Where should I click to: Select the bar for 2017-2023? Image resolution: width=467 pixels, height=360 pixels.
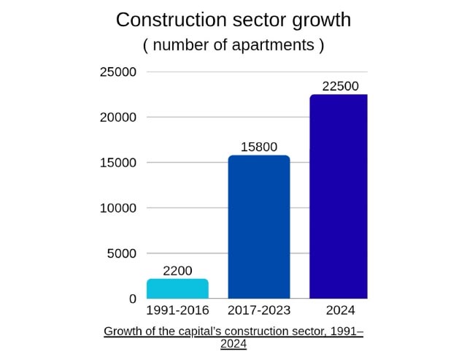coord(259,226)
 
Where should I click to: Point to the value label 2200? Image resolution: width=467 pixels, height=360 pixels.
coord(177,271)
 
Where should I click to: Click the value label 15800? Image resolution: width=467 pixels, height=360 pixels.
coord(259,147)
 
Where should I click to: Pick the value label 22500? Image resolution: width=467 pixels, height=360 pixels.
coord(340,86)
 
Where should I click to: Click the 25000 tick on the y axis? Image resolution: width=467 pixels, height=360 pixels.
coord(118,72)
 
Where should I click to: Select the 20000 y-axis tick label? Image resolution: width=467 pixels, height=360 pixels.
coord(118,118)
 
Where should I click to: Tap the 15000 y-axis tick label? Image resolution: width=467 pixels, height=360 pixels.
coord(118,163)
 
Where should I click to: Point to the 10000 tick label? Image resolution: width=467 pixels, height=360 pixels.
coord(118,208)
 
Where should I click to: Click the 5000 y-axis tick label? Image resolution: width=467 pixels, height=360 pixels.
coord(122,253)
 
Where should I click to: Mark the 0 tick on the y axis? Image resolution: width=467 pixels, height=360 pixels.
coord(132,299)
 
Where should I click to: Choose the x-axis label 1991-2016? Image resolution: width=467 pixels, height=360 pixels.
coord(177,311)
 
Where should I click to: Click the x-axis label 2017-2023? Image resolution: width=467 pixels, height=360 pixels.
coord(259,311)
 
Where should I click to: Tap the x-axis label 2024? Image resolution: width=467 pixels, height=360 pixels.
coord(340,311)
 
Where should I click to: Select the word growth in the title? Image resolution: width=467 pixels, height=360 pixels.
coord(317,20)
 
